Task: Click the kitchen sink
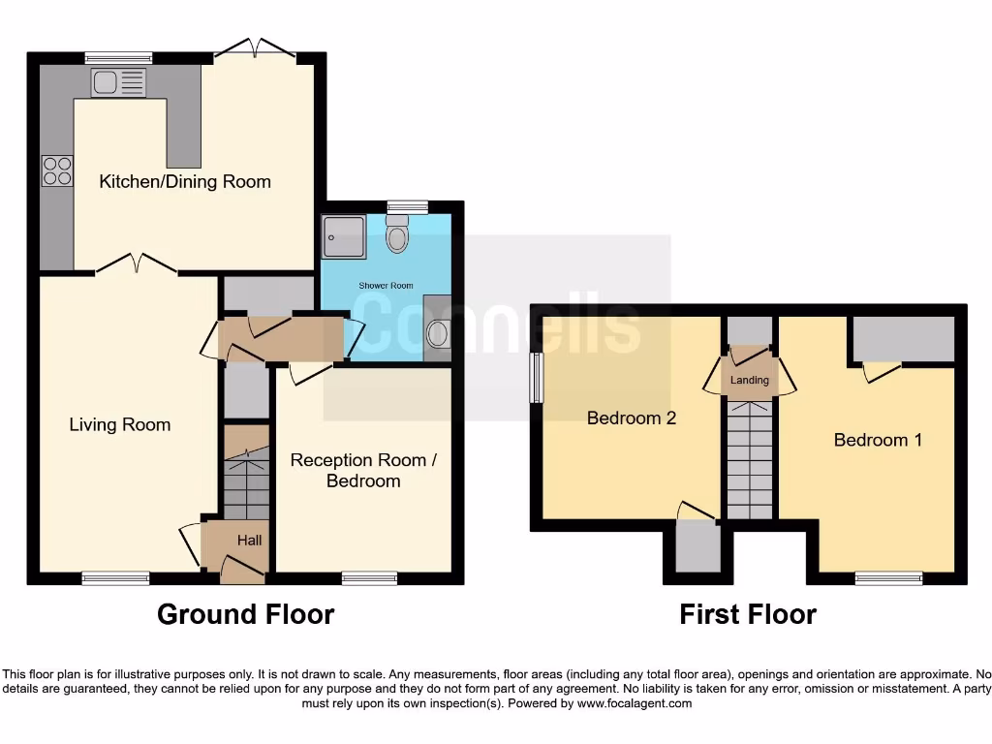(x=118, y=83)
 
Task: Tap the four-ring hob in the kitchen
(x=57, y=170)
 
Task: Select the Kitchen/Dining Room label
(x=185, y=181)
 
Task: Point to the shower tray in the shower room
(x=346, y=235)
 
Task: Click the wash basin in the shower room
(x=438, y=334)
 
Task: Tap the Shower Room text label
(x=386, y=286)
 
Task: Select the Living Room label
(x=119, y=424)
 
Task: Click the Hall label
(x=249, y=540)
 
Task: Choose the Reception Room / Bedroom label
(x=363, y=470)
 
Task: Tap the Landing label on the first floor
(x=750, y=380)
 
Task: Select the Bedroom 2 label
(x=631, y=418)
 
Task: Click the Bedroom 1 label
(x=878, y=440)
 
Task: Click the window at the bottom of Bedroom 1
(x=888, y=578)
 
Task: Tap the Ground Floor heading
(x=245, y=614)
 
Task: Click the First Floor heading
(x=747, y=614)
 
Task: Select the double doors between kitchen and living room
(x=136, y=263)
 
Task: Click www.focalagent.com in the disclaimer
(x=635, y=704)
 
